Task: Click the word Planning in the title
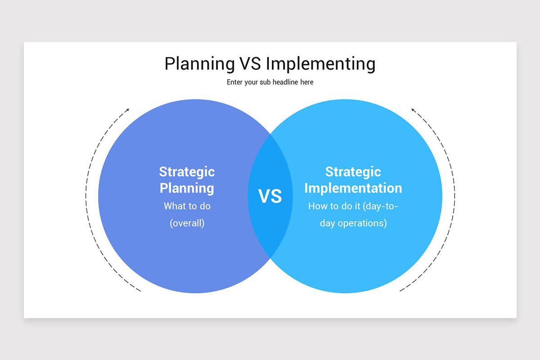[x=199, y=64]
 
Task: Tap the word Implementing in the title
[x=320, y=64]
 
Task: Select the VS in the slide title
[x=250, y=64]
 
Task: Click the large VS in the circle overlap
[x=270, y=196]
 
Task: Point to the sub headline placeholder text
[x=270, y=82]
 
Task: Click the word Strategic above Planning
[x=187, y=172]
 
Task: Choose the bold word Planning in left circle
[x=187, y=188]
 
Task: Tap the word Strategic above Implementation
[x=353, y=172]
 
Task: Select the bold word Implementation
[x=353, y=188]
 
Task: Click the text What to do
[x=187, y=206]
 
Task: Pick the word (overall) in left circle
[x=187, y=223]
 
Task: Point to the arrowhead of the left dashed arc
[x=128, y=110]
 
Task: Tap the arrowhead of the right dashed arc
[x=413, y=110]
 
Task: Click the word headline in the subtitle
[x=286, y=82]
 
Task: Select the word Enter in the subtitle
[x=234, y=82]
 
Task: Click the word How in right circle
[x=317, y=206]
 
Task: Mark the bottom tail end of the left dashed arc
[x=140, y=291]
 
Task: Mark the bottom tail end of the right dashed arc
[x=400, y=291]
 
